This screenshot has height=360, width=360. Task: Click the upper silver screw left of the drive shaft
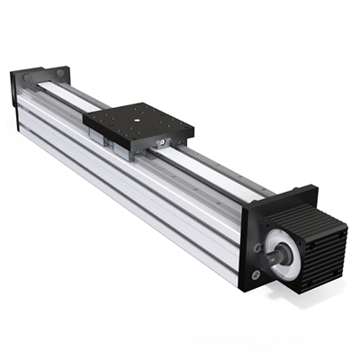pyautogui.click(x=258, y=244)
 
